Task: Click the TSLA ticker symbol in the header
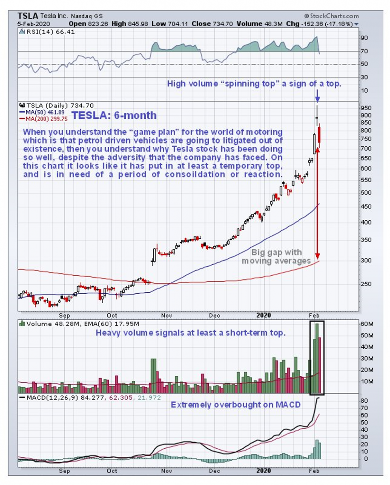(x=28, y=16)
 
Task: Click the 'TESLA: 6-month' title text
(x=114, y=116)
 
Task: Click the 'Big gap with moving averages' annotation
(x=276, y=257)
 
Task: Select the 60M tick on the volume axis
(x=367, y=324)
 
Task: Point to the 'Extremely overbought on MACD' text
(x=235, y=404)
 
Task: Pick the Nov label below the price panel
(x=165, y=316)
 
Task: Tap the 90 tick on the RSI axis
(x=364, y=38)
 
